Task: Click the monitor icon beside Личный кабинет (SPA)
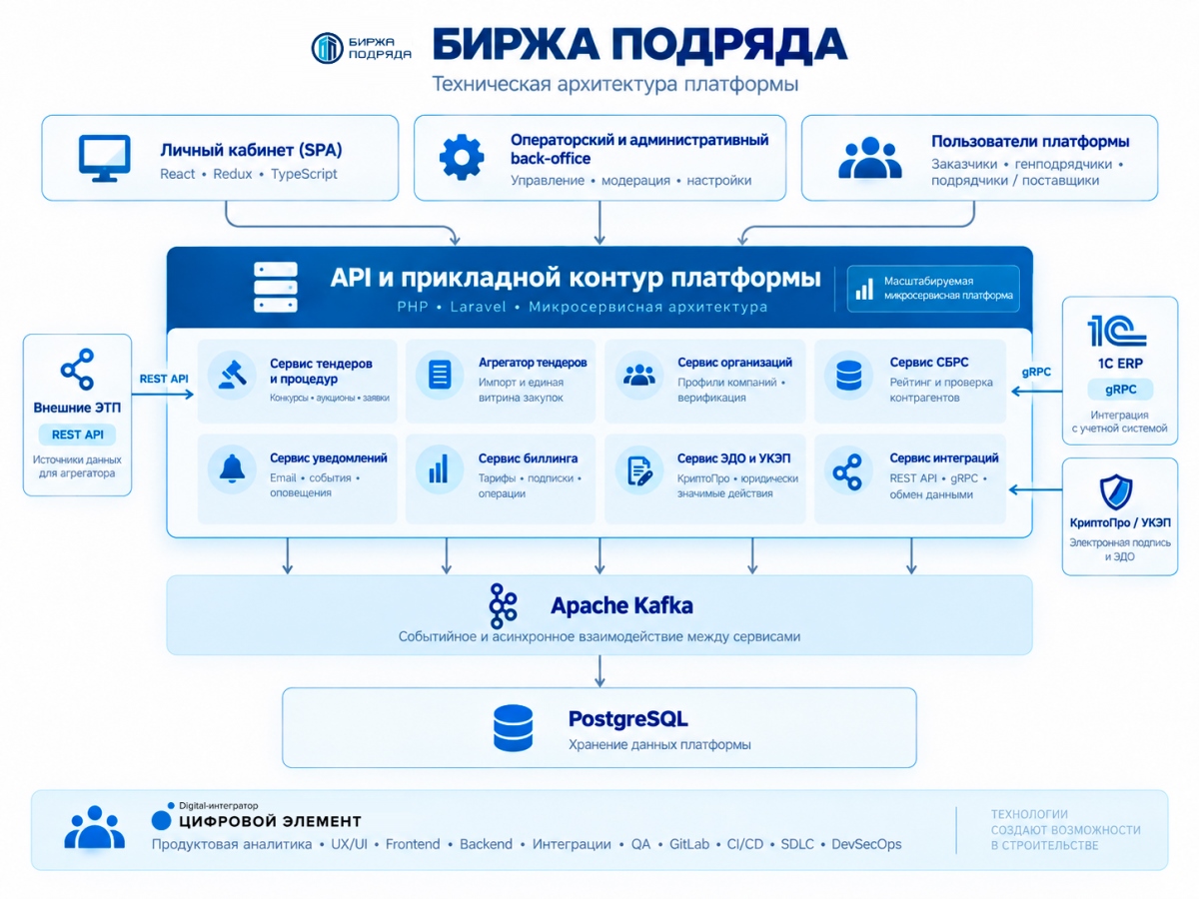pos(104,158)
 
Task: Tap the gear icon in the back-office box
pos(462,157)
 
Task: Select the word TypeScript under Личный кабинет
pos(304,174)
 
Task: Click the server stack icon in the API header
pos(276,287)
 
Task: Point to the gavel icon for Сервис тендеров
pos(232,375)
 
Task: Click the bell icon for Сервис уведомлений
pos(232,468)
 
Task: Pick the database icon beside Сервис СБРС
pos(849,376)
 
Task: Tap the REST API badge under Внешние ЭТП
pos(78,435)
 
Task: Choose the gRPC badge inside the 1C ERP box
pos(1120,390)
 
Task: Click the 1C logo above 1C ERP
pos(1116,331)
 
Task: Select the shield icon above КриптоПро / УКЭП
pos(1115,491)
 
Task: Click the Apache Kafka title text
pos(621,605)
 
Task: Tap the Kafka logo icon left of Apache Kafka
pos(503,606)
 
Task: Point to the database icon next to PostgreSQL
pos(513,728)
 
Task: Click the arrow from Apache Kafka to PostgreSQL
pos(599,671)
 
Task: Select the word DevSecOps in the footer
pos(866,844)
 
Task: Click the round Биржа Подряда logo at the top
pos(327,48)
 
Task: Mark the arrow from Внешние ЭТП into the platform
pos(163,395)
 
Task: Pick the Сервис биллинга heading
pos(528,458)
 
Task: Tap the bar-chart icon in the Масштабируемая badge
pos(864,289)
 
